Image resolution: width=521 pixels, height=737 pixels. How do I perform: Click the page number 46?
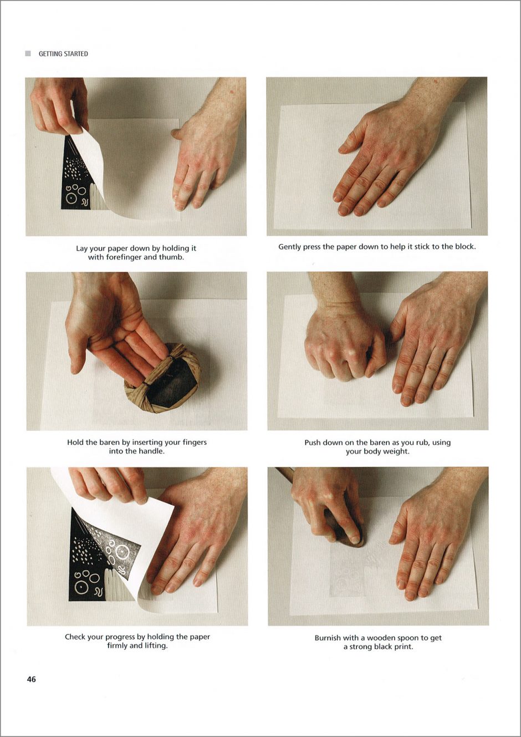click(x=32, y=679)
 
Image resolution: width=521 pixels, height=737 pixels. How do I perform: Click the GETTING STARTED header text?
click(x=63, y=54)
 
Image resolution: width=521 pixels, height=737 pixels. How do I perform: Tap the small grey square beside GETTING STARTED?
click(x=28, y=53)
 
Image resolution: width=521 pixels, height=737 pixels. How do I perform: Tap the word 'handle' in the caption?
click(x=150, y=451)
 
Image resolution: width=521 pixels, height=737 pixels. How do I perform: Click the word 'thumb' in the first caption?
click(x=171, y=257)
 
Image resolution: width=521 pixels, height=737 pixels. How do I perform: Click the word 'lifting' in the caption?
click(x=154, y=646)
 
